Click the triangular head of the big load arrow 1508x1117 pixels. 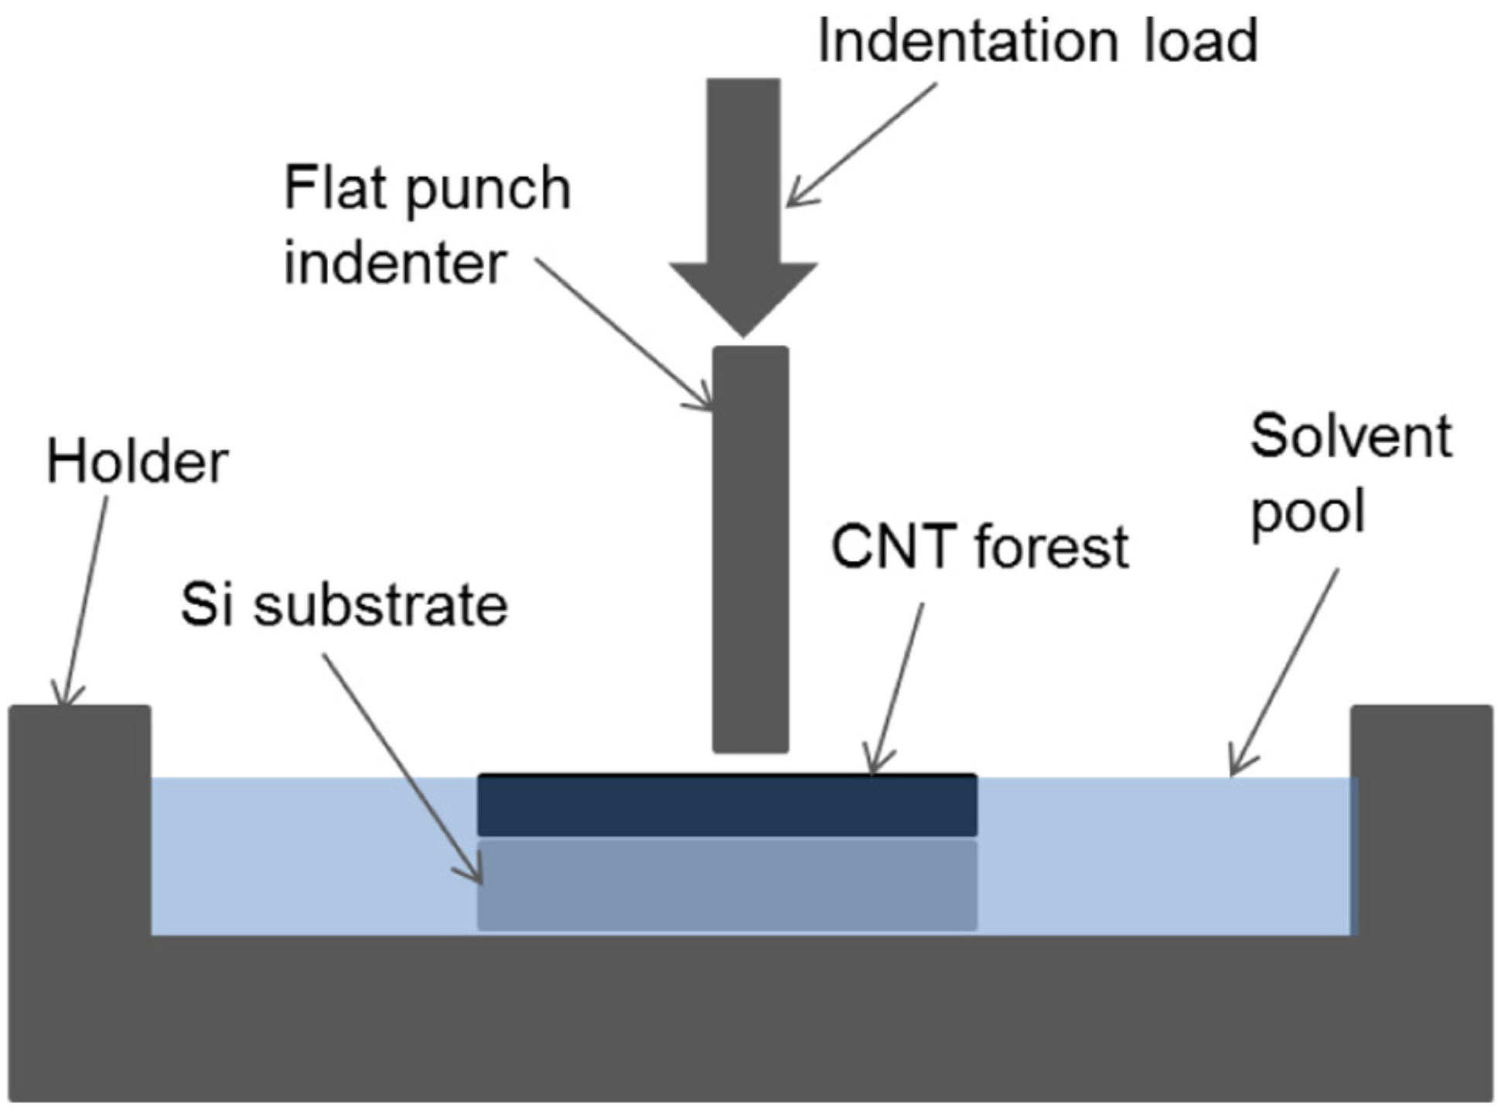point(743,298)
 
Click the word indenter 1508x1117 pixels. point(394,263)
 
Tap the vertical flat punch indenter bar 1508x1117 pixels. point(750,549)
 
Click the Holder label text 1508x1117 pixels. point(137,463)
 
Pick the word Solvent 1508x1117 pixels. point(1350,436)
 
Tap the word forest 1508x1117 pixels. point(1052,547)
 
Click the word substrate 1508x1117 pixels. point(380,606)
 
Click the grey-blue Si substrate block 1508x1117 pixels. point(727,886)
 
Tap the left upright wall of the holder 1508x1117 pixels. point(80,820)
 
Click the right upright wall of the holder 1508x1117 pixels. point(1421,820)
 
